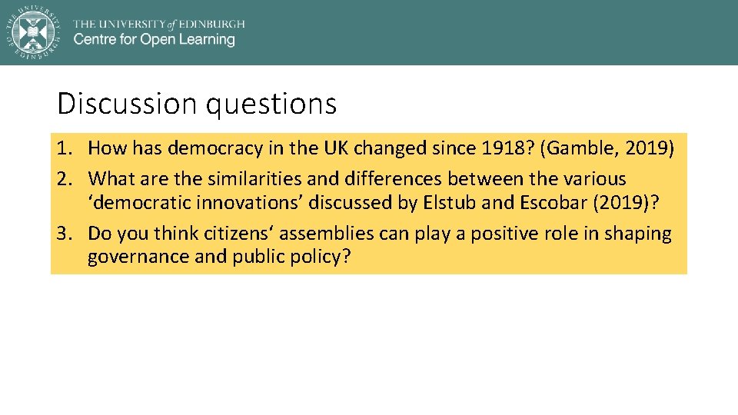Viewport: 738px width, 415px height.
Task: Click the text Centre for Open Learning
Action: pos(154,39)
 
